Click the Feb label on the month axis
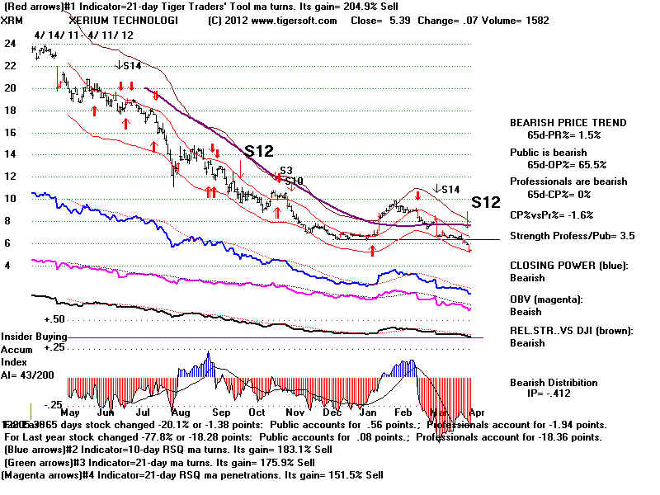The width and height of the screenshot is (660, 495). coord(404,411)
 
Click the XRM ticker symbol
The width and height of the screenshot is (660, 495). coord(15,21)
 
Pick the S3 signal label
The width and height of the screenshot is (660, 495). coord(286,170)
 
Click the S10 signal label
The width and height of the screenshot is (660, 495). coord(294,180)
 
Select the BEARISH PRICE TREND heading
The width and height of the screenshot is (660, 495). coord(568,123)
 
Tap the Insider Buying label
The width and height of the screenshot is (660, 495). coord(34,337)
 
